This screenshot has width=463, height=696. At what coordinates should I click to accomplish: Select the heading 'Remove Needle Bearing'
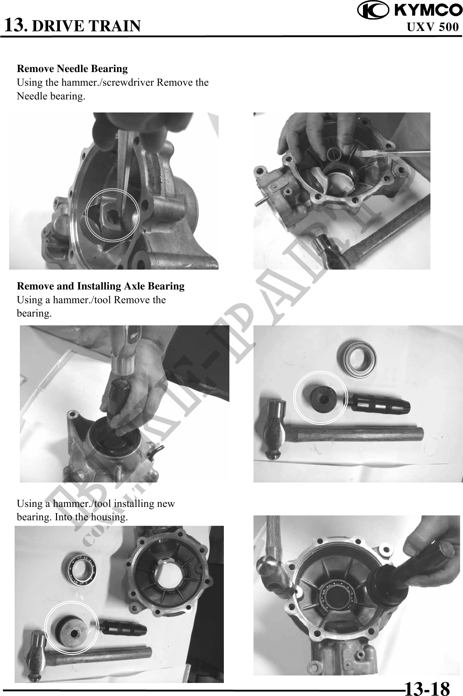pos(72,69)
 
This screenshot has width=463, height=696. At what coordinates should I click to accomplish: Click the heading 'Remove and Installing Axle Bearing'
pos(101,286)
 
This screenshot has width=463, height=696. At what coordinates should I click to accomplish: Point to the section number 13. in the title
pos(16,25)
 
